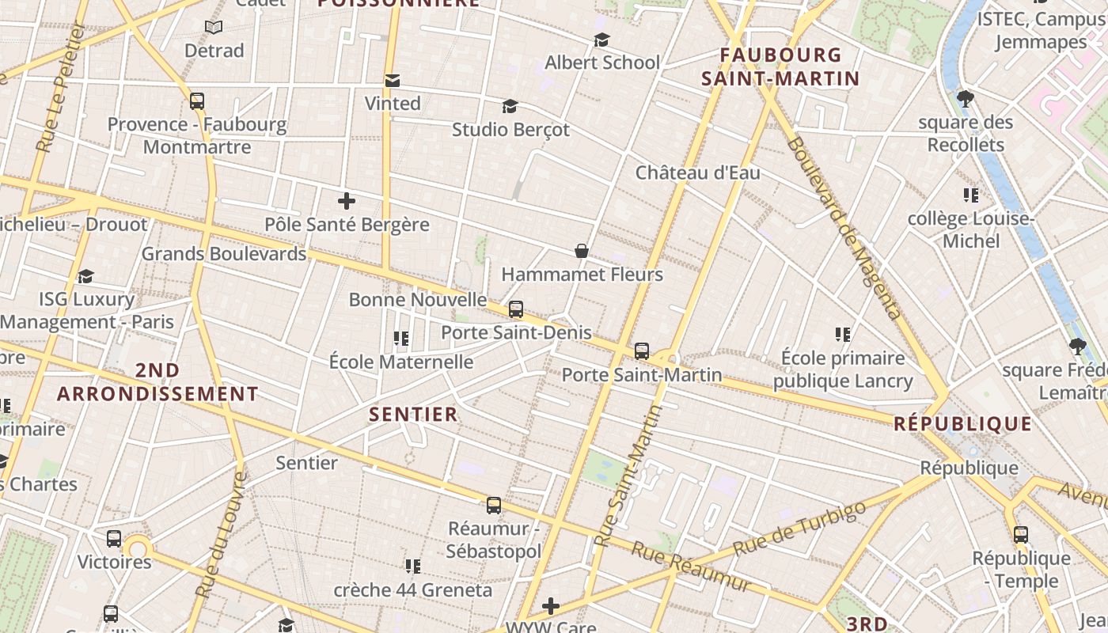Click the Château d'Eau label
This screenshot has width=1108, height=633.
coord(697,172)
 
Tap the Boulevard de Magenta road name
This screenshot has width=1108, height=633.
coord(844,228)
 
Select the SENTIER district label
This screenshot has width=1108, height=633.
coord(413,414)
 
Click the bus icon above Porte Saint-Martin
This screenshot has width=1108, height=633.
coord(642,351)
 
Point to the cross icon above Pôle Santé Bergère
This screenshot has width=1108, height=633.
coord(346,201)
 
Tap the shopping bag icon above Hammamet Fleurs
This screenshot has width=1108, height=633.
coord(582,251)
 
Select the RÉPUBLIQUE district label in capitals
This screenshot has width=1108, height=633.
coord(962,423)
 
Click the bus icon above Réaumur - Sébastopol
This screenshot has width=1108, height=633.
coord(494,505)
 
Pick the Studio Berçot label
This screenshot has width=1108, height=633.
coord(510,129)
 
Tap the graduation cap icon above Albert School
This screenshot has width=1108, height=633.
coord(602,40)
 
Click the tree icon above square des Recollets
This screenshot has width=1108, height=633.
coord(965,99)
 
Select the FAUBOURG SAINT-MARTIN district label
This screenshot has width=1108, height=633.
coord(780,66)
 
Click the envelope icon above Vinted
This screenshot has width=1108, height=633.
coord(392,81)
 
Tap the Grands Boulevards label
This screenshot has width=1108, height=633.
coord(223,254)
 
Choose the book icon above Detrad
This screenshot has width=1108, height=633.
coord(214,28)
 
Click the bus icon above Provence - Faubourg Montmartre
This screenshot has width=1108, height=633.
coord(197,101)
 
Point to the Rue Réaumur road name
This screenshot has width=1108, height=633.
coord(690,567)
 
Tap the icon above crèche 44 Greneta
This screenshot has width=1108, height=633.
coord(412,566)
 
